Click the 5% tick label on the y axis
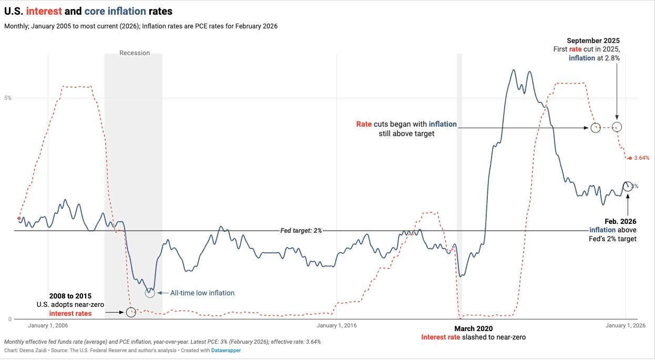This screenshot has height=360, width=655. coord(8,98)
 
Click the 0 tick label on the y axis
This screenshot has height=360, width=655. coord(9,319)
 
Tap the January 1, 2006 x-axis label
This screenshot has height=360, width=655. coord(48,325)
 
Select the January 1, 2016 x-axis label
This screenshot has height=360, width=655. coord(337,325)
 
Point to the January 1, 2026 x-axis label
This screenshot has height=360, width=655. coord(625,325)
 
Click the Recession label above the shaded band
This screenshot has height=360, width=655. coord(135,53)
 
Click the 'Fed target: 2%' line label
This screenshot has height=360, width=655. coord(301,231)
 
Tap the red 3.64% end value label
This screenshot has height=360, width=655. coord(642,158)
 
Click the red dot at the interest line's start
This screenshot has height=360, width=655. coord(19,218)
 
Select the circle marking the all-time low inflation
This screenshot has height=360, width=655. coord(150,293)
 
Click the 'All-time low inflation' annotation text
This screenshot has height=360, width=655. coord(202,293)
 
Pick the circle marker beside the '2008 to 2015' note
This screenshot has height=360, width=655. coord(131,312)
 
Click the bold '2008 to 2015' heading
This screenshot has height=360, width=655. coord(70,296)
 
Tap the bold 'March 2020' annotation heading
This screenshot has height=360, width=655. coord(473,328)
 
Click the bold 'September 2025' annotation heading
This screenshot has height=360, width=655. coord(593,40)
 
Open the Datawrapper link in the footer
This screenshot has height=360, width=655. coord(226,350)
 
